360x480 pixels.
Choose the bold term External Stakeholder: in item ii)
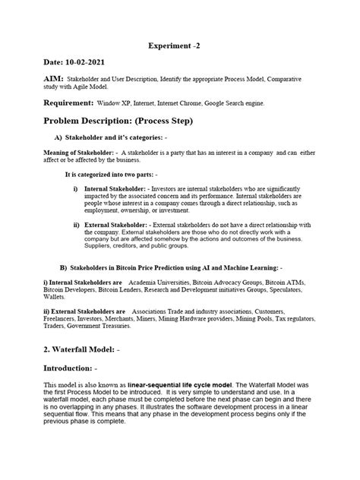click(x=117, y=226)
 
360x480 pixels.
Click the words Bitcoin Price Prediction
click(x=158, y=267)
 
